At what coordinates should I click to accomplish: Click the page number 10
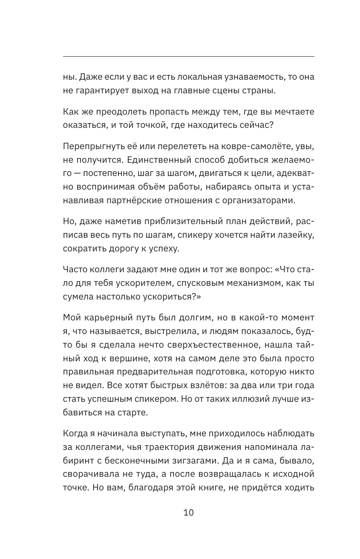188,513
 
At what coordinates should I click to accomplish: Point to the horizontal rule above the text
188,56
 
